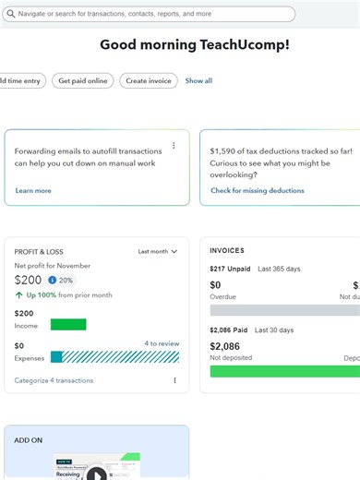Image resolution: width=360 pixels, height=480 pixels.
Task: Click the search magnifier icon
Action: tap(10, 15)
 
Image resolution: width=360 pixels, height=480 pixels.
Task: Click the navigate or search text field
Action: tap(152, 15)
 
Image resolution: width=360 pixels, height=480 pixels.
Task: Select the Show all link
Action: tap(198, 81)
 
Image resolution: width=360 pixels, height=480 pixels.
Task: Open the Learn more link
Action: tap(33, 191)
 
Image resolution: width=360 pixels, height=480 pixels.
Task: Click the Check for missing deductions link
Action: tap(257, 191)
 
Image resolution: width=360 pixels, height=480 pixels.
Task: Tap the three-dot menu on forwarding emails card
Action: tap(174, 146)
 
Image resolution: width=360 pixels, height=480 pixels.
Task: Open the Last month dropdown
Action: tap(157, 251)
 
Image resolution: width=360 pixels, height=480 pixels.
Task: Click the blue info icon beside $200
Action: tap(52, 280)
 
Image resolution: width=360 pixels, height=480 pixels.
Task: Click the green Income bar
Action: tap(68, 324)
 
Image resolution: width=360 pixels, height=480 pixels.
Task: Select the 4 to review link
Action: tap(162, 343)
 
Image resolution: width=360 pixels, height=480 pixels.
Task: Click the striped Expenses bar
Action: tap(120, 356)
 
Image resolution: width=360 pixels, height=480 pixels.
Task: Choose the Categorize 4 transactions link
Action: tap(54, 380)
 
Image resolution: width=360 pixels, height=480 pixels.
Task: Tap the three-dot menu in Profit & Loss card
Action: tap(174, 380)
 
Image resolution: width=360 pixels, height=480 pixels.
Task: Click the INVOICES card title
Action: tap(227, 250)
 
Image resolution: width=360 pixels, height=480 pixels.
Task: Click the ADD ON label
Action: tap(29, 440)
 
